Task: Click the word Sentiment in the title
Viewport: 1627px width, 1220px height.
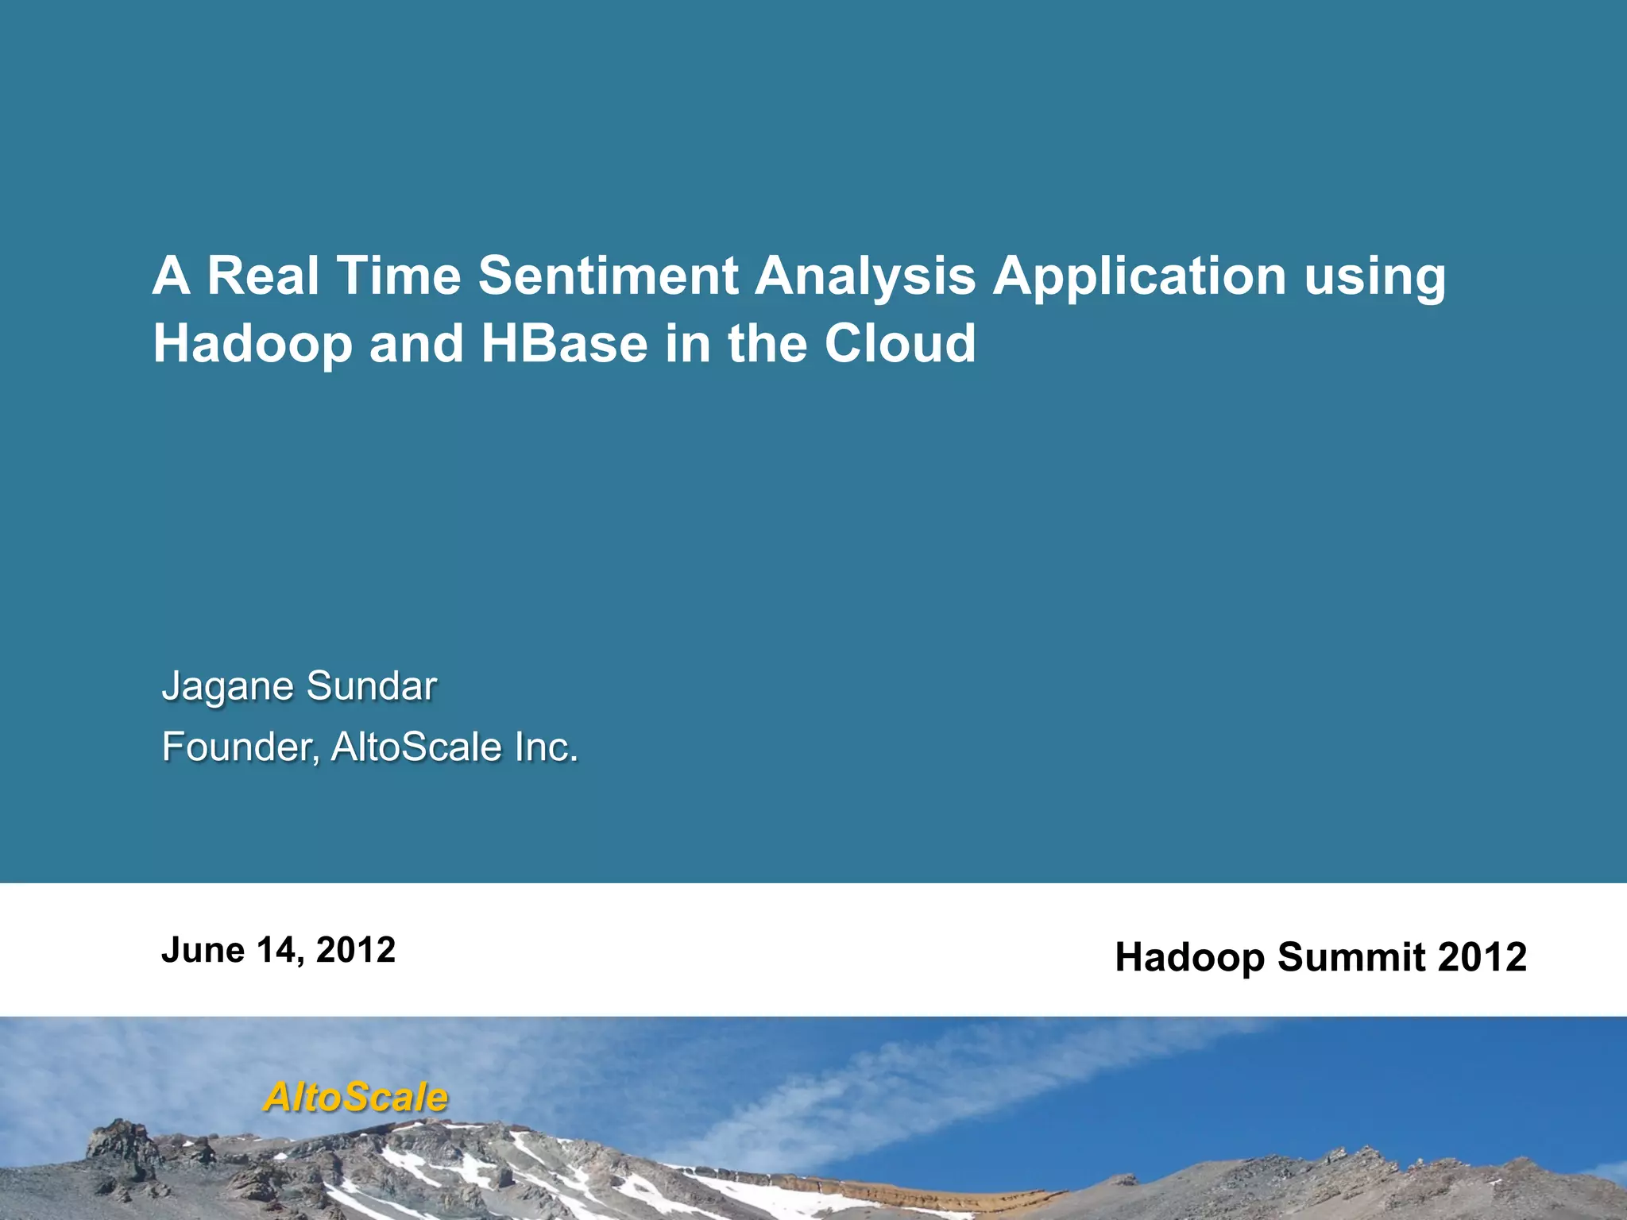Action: click(609, 276)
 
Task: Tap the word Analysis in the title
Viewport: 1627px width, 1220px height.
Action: click(864, 277)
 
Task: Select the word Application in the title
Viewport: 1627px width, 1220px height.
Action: click(1139, 277)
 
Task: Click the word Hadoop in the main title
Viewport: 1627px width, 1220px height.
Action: click(252, 345)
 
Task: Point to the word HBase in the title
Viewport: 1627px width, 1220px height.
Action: click(564, 343)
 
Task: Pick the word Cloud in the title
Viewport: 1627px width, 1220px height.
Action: click(899, 343)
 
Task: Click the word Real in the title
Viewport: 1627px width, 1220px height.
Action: click(263, 276)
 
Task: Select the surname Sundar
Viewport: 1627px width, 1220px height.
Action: click(371, 686)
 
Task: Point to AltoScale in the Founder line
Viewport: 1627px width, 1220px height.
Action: click(416, 747)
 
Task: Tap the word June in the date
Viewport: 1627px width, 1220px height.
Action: click(203, 950)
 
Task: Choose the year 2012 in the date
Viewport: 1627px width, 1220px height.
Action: click(356, 950)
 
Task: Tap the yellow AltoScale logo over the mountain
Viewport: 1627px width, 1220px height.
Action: click(356, 1098)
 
